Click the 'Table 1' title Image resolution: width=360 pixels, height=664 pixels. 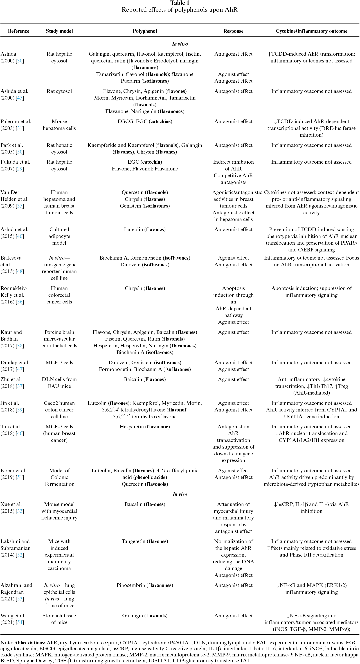[x=180, y=3]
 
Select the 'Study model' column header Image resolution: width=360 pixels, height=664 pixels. [x=59, y=31]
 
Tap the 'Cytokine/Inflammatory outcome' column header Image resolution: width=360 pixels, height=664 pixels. [x=311, y=31]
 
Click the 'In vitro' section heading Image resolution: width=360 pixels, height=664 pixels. [x=180, y=44]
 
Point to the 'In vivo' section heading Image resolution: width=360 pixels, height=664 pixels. [x=180, y=494]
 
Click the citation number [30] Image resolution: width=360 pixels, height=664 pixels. [x=20, y=61]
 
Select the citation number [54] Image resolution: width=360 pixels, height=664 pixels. [x=20, y=622]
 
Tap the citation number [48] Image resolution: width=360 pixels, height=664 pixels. [x=20, y=271]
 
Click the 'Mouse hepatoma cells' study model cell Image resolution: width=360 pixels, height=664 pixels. [x=59, y=125]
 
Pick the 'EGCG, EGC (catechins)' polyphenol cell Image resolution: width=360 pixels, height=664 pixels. [x=145, y=121]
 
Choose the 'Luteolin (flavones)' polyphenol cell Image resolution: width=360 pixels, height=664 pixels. [x=145, y=229]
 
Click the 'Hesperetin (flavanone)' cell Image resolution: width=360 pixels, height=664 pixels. [x=145, y=427]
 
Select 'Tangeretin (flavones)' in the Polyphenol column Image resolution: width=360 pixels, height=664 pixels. [x=145, y=541]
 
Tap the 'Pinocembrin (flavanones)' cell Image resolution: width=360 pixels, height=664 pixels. [x=145, y=585]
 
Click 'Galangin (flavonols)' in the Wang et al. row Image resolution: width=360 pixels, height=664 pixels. [x=145, y=616]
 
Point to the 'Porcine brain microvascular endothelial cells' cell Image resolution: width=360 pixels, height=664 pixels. [x=59, y=339]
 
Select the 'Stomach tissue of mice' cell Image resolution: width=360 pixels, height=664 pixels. [x=59, y=619]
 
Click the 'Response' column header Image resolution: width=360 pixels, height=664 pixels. [x=233, y=31]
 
